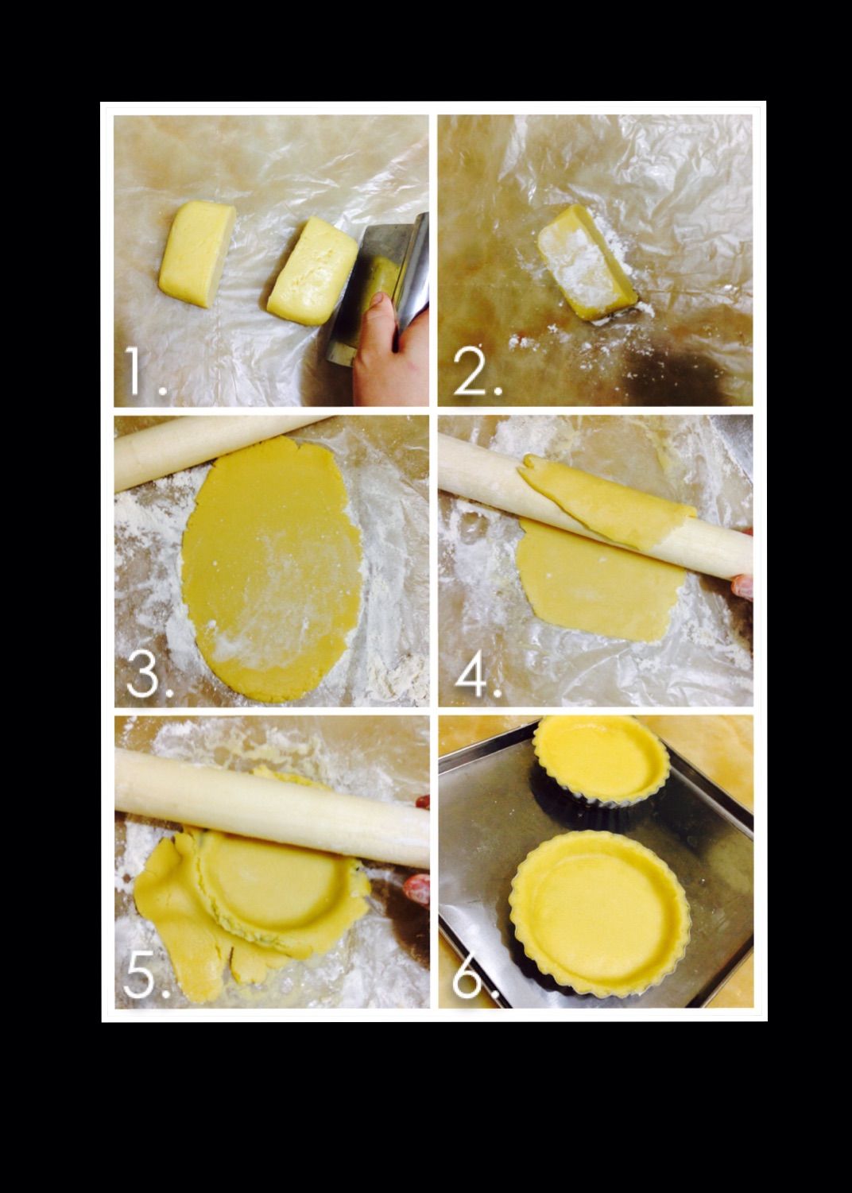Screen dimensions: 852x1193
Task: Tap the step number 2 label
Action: pyautogui.click(x=478, y=372)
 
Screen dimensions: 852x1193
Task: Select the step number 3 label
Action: pyautogui.click(x=150, y=676)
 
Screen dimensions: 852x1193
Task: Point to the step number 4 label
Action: pyautogui.click(x=478, y=676)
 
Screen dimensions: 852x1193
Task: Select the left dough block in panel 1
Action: pyautogui.click(x=197, y=254)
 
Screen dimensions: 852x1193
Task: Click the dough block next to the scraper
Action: pyautogui.click(x=312, y=270)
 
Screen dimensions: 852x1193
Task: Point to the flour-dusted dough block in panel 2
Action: pyautogui.click(x=586, y=262)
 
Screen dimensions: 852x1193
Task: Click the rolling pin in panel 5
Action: pyautogui.click(x=272, y=807)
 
